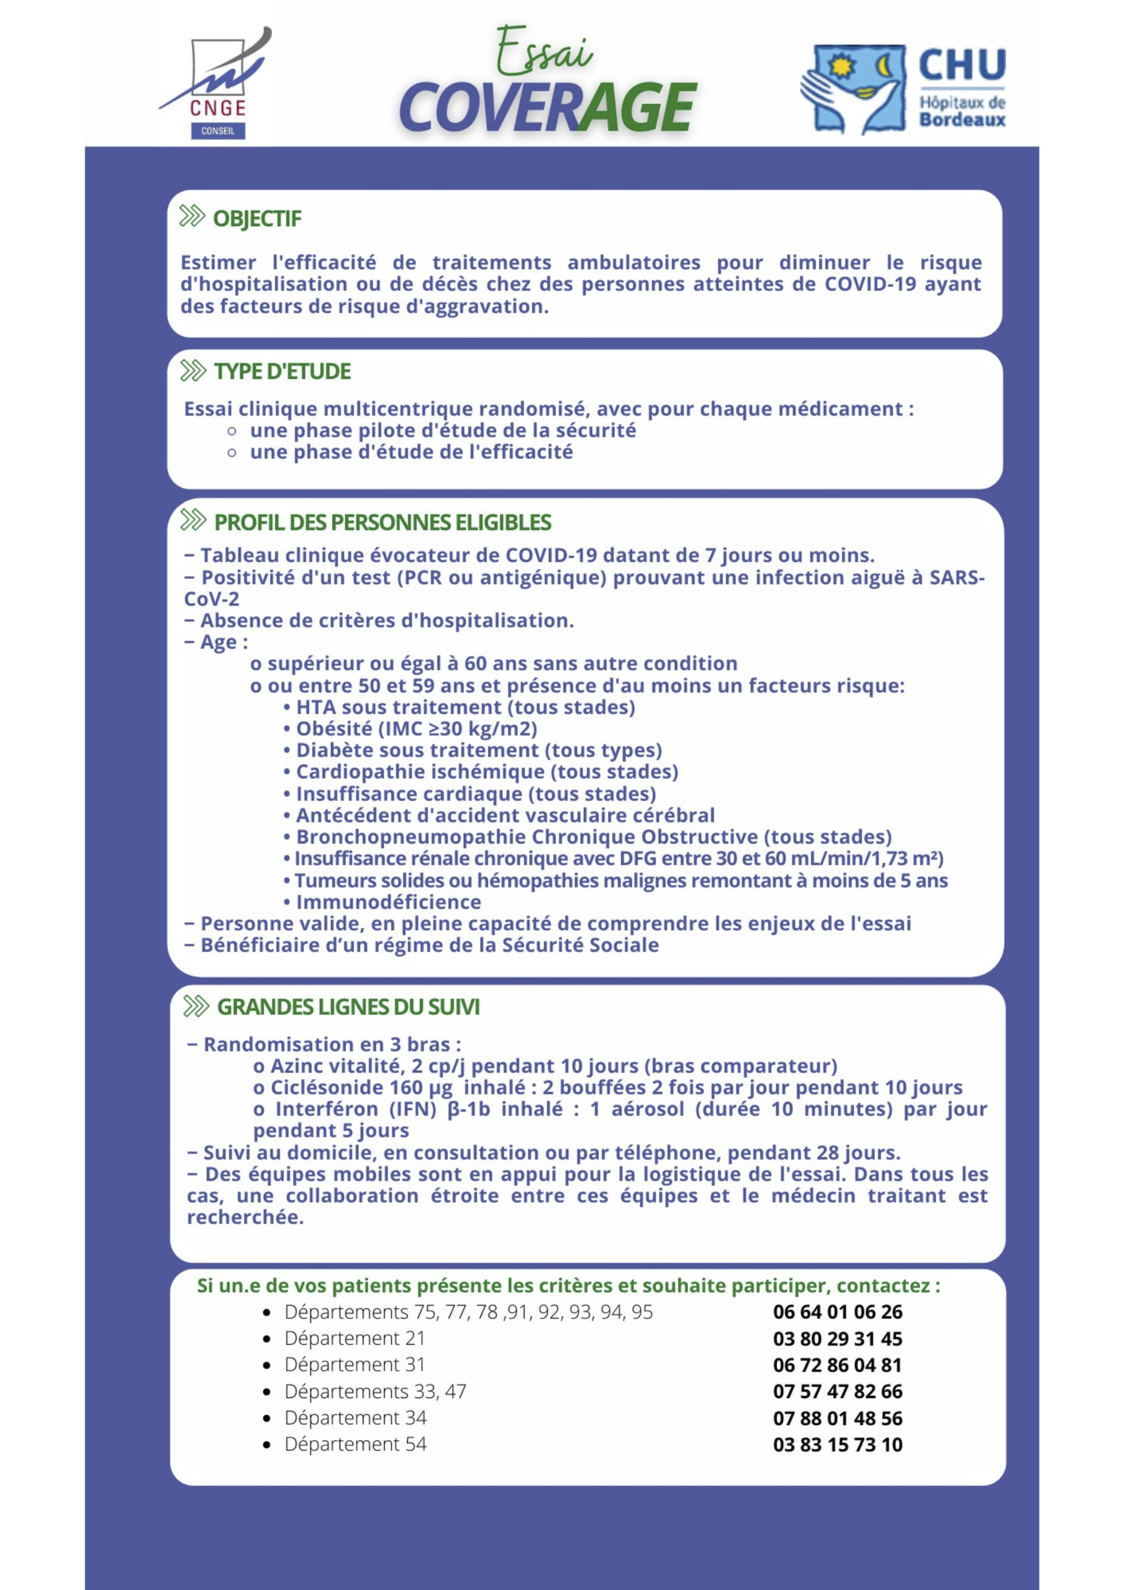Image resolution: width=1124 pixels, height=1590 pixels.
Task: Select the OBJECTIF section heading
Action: tap(257, 219)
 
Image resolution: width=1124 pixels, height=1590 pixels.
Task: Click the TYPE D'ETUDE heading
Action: tap(282, 372)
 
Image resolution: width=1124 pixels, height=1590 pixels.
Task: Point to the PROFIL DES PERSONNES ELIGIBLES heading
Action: tap(383, 523)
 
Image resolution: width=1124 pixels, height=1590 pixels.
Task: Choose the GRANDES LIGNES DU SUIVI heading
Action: tap(348, 1007)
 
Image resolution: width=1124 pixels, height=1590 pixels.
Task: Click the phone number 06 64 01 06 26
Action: tap(837, 1312)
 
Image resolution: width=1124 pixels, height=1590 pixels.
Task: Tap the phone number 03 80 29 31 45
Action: tap(837, 1338)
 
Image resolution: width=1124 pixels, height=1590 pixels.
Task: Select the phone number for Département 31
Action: tap(837, 1365)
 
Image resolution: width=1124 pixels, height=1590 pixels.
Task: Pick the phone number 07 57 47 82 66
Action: tap(837, 1391)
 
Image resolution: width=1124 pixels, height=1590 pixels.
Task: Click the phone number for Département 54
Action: tap(837, 1445)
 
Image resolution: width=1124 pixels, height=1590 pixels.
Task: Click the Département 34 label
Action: tap(355, 1417)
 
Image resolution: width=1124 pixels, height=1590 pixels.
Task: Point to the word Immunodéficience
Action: tap(388, 902)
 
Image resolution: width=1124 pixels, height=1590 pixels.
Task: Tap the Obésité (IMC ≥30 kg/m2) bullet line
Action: tap(416, 729)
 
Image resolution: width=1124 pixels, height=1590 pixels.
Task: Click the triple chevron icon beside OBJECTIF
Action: tap(193, 217)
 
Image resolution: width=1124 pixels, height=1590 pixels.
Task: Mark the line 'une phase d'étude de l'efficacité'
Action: tap(411, 452)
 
